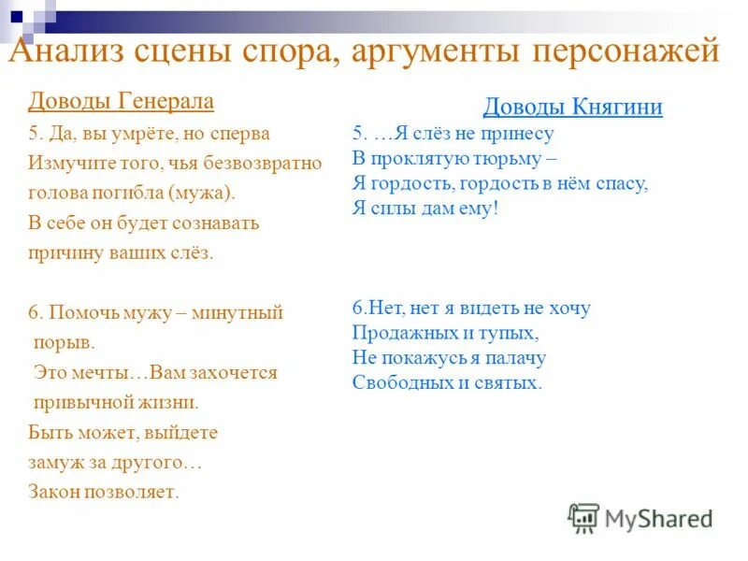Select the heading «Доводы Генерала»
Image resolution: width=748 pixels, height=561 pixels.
[122, 101]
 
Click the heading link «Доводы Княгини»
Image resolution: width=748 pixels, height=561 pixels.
[573, 108]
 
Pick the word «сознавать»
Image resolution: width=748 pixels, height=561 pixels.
[214, 223]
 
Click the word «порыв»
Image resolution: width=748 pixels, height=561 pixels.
[65, 342]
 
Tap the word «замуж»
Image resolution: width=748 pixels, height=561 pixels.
[53, 462]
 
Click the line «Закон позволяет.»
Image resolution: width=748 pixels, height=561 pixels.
[103, 492]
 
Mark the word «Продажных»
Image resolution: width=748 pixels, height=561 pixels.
[397, 332]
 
